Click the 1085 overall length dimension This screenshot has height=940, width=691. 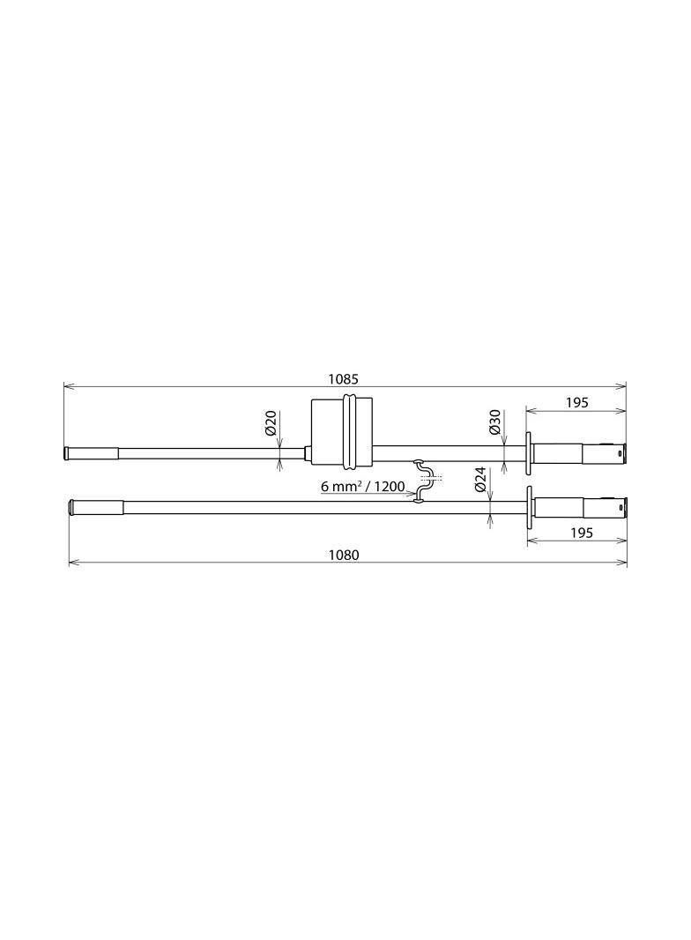pyautogui.click(x=344, y=379)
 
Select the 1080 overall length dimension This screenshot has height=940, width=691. pyautogui.click(x=344, y=556)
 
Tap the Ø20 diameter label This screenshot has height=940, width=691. pyautogui.click(x=271, y=423)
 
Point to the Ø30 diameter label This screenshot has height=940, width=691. pyautogui.click(x=494, y=422)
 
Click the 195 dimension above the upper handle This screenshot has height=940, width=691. pyautogui.click(x=576, y=403)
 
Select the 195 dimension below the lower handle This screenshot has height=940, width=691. pyautogui.click(x=582, y=533)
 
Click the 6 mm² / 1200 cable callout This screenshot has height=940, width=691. pyautogui.click(x=362, y=486)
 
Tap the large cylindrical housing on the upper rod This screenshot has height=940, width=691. pyautogui.click(x=342, y=431)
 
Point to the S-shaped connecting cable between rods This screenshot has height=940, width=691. pyautogui.click(x=422, y=480)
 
